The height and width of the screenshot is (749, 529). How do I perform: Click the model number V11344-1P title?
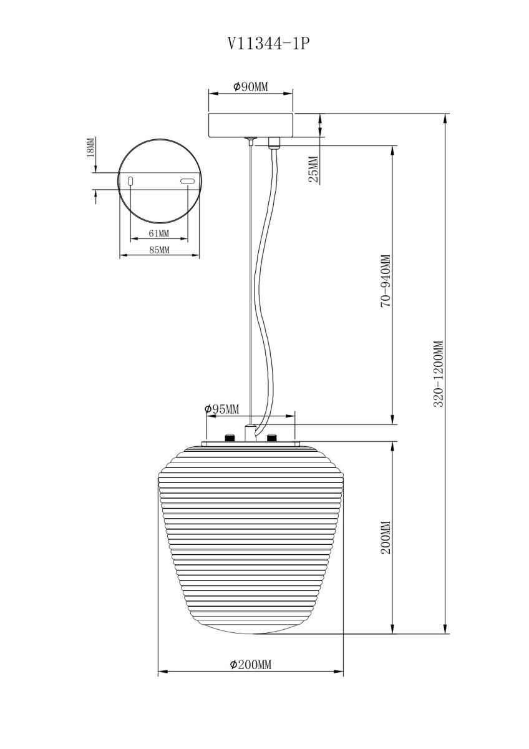(x=266, y=44)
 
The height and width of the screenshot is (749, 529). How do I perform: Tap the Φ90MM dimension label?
(x=251, y=87)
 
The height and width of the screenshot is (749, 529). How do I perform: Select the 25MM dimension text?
(x=314, y=169)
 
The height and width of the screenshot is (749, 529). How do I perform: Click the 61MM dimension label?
(x=159, y=233)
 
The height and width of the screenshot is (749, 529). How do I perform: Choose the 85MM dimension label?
(x=160, y=250)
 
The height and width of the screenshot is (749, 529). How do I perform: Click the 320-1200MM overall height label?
(x=438, y=373)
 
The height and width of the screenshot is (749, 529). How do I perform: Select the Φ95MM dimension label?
(x=221, y=409)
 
